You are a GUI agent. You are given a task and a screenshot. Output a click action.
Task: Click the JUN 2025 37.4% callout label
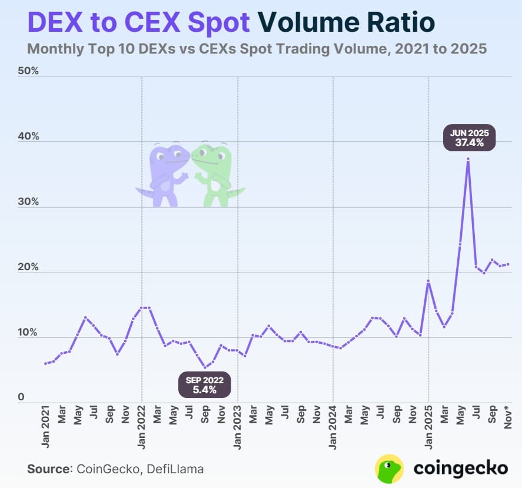coord(469,138)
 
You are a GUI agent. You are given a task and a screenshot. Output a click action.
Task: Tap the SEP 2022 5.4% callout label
coord(204,384)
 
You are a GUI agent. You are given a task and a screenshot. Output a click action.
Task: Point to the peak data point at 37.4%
coord(468,159)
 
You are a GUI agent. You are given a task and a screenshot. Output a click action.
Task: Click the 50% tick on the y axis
coord(29,71)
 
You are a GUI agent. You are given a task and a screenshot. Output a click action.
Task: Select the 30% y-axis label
coord(29,201)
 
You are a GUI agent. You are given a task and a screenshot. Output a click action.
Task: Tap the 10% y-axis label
coord(29,333)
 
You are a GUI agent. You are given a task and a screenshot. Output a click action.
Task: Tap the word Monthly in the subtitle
coord(55,49)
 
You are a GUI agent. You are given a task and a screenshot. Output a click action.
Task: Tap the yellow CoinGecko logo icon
coord(389,468)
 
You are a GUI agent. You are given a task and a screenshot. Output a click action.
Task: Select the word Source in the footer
coord(48,469)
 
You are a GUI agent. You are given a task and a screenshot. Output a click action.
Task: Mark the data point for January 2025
coord(428,281)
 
